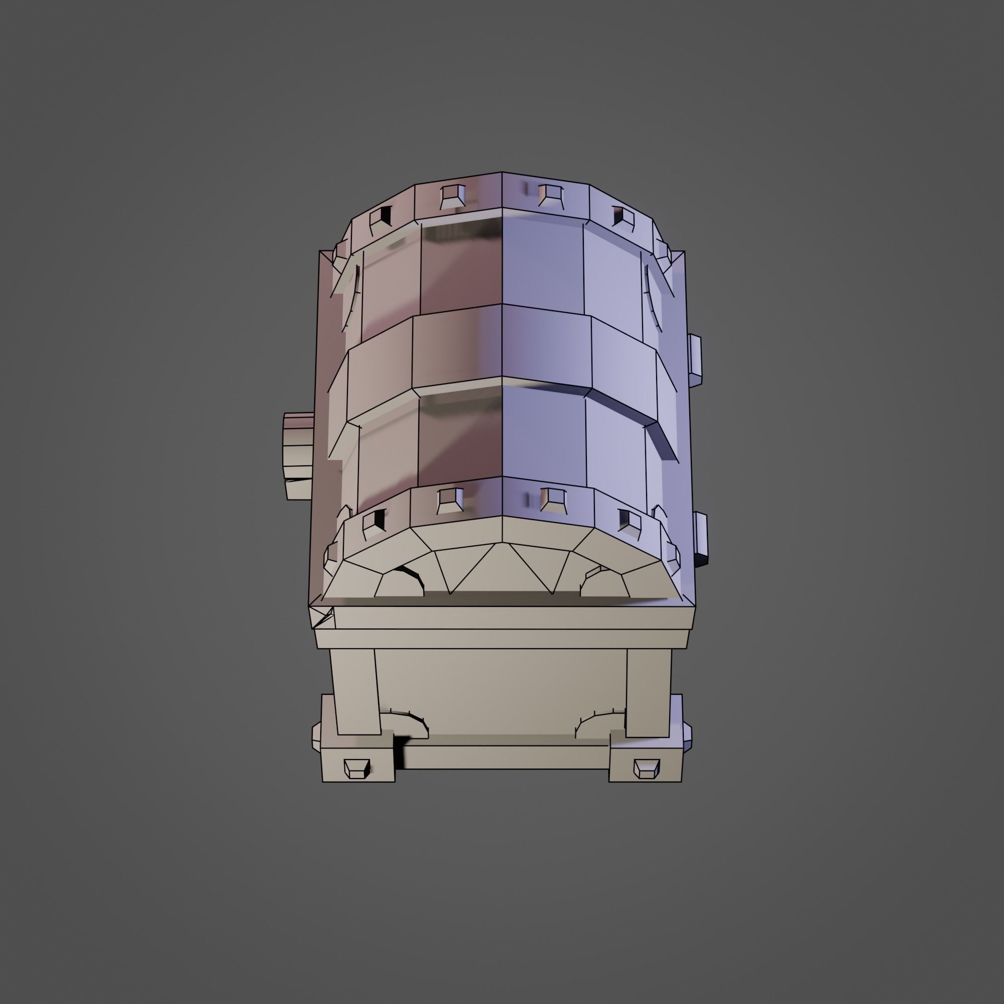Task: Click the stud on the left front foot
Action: coord(356,768)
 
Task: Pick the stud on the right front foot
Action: coord(647,768)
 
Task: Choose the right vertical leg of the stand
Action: coord(648,691)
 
